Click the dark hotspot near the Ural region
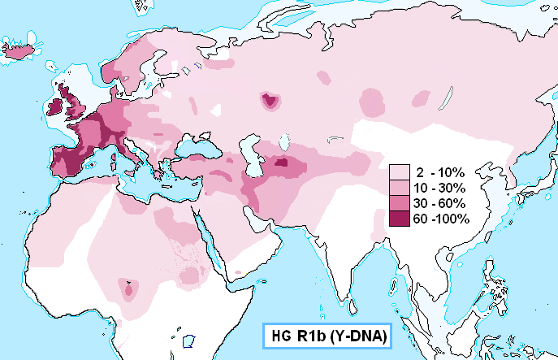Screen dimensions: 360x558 269,101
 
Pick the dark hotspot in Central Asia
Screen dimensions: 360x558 282,163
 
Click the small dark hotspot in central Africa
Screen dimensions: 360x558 128,288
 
